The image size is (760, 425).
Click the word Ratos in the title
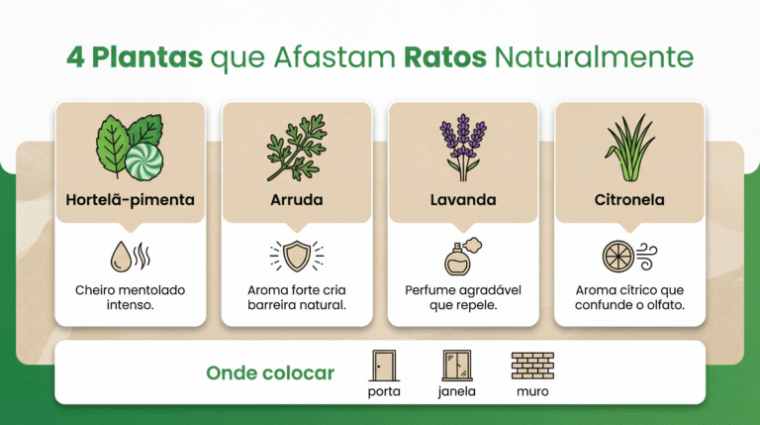[445, 56]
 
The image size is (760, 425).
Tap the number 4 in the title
[75, 57]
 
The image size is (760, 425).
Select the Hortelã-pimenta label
[130, 200]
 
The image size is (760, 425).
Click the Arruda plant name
[297, 200]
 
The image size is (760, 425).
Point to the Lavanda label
[463, 200]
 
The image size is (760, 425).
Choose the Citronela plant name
[629, 200]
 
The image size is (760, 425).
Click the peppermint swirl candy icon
[143, 161]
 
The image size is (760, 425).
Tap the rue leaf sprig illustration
[297, 148]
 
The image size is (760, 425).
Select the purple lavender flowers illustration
[463, 148]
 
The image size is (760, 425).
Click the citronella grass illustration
[629, 148]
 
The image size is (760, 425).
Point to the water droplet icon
[121, 257]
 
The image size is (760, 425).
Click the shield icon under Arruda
[297, 256]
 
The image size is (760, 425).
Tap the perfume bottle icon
[457, 261]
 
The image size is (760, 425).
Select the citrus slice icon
[617, 257]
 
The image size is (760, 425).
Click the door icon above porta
[384, 366]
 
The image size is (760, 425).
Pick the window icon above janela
[456, 366]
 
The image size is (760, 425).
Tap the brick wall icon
[532, 366]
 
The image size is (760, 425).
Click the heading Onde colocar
[270, 373]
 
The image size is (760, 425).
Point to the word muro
[532, 391]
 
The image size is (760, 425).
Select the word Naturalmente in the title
[594, 57]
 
